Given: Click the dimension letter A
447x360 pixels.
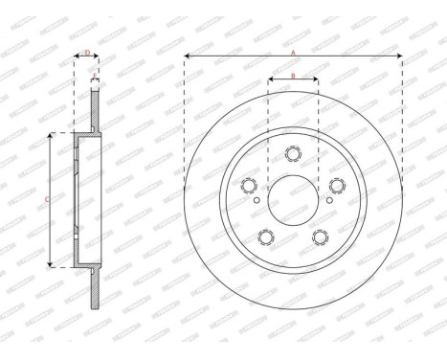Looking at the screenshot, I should click(x=292, y=53).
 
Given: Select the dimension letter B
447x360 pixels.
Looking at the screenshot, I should click(x=292, y=75).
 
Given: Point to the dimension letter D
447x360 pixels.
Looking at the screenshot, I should click(x=87, y=53).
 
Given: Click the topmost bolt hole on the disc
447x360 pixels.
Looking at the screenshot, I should click(x=293, y=153).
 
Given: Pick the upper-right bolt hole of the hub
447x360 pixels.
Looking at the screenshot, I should click(x=337, y=186).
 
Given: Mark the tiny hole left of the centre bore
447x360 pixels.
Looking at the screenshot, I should click(x=257, y=201).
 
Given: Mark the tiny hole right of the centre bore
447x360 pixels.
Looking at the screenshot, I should click(x=327, y=201).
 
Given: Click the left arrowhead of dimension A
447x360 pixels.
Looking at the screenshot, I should click(x=186, y=57).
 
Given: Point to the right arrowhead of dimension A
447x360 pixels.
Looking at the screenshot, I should click(x=400, y=57).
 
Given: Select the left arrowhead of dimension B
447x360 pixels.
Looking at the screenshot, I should click(x=270, y=79).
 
